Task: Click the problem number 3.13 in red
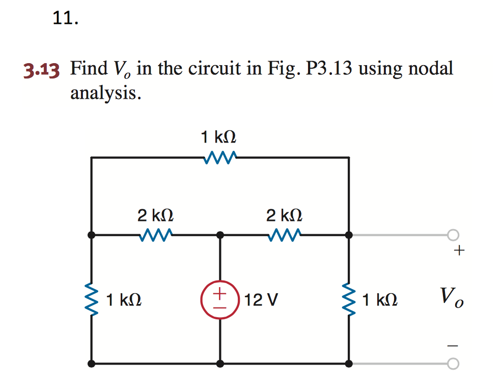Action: tap(41, 69)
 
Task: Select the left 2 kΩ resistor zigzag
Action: tap(156, 235)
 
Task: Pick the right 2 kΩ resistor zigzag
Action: tap(284, 235)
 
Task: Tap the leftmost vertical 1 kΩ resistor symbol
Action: tap(92, 300)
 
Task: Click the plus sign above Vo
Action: tap(459, 251)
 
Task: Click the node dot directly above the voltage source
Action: tap(220, 235)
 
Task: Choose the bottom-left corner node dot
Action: tap(92, 364)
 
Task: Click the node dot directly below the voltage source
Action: tap(220, 364)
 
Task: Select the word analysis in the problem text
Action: tap(104, 93)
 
